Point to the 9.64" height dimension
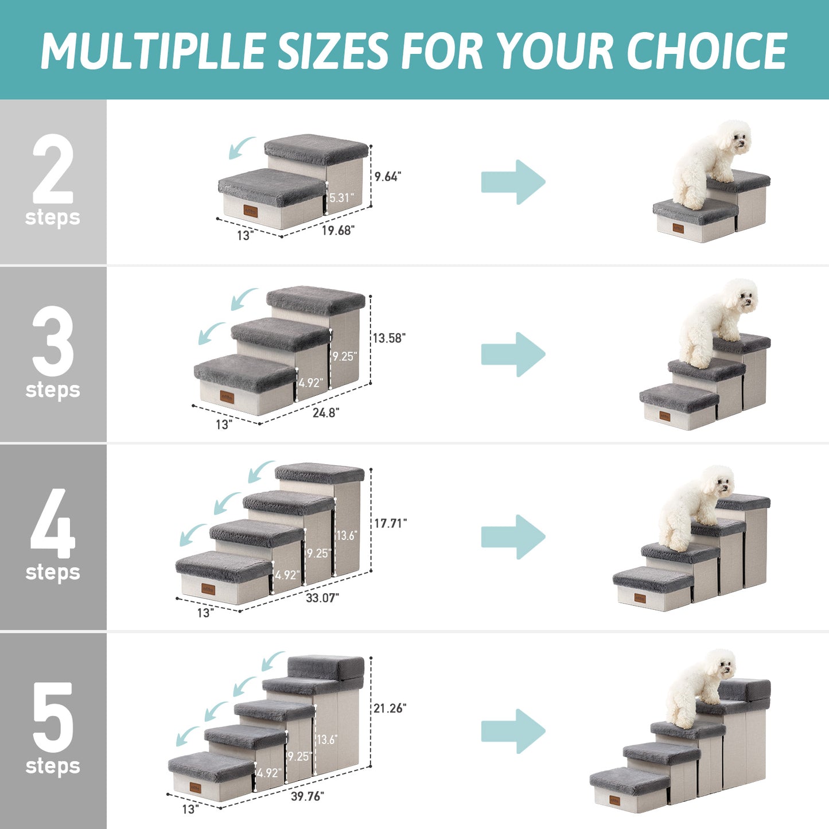pos(388,177)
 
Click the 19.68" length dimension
pos(338,231)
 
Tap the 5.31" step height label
pos(341,198)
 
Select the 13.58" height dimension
pos(389,338)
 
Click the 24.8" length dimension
pos(326,412)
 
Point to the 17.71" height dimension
pos(391,523)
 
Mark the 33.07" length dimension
pos(322,598)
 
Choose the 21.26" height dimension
pos(390,709)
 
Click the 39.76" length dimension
pos(307,796)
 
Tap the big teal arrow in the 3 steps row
pos(513,354)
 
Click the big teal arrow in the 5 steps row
pos(513,731)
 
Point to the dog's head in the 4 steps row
pos(718,481)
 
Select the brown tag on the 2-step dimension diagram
pos(251,211)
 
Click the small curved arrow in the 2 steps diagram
pos(242,147)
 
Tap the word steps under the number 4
pos(53,572)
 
